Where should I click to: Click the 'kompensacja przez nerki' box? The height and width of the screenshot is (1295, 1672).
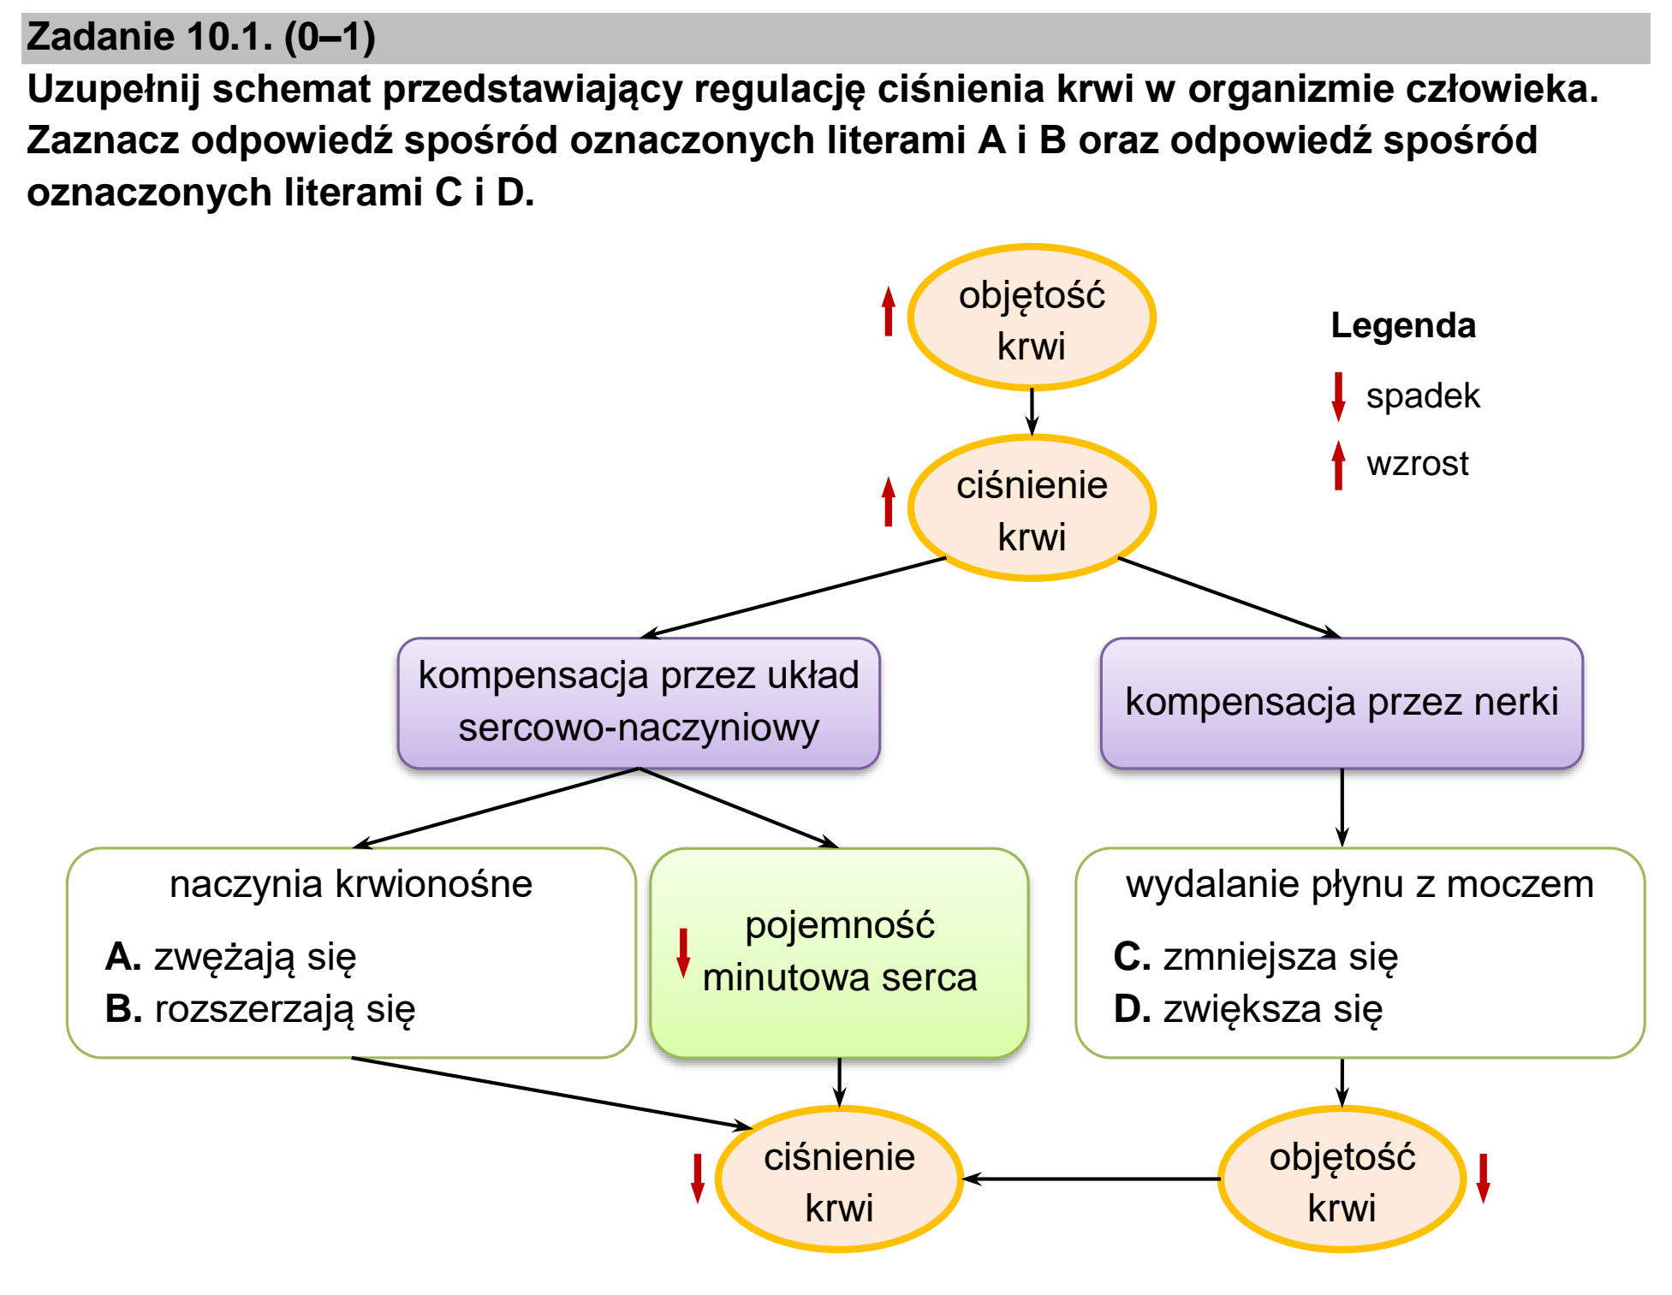tap(1342, 703)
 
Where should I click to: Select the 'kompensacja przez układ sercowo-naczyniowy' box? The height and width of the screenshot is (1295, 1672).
tap(639, 703)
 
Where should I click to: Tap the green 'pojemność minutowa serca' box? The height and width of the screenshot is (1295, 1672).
tap(839, 953)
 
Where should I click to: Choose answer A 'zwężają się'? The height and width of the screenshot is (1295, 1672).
tap(230, 957)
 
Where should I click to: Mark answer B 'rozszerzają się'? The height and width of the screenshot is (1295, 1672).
tap(260, 1009)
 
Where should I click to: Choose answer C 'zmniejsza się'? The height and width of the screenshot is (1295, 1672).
tap(1256, 957)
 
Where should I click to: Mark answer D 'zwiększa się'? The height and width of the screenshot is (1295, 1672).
tap(1248, 1009)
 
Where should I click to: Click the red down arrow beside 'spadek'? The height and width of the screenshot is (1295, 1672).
tap(1338, 397)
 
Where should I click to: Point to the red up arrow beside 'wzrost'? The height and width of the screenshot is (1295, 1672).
tap(1338, 465)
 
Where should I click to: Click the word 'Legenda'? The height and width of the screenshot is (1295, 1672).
tap(1403, 326)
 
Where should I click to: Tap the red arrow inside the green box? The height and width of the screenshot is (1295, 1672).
tap(683, 953)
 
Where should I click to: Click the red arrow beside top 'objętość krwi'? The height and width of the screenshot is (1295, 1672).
tap(889, 311)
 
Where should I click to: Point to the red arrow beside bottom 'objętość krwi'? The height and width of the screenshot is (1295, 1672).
tap(1484, 1179)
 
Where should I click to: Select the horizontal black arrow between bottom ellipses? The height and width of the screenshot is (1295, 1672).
tap(1092, 1179)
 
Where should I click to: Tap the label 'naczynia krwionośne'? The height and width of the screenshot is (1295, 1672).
tap(351, 884)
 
